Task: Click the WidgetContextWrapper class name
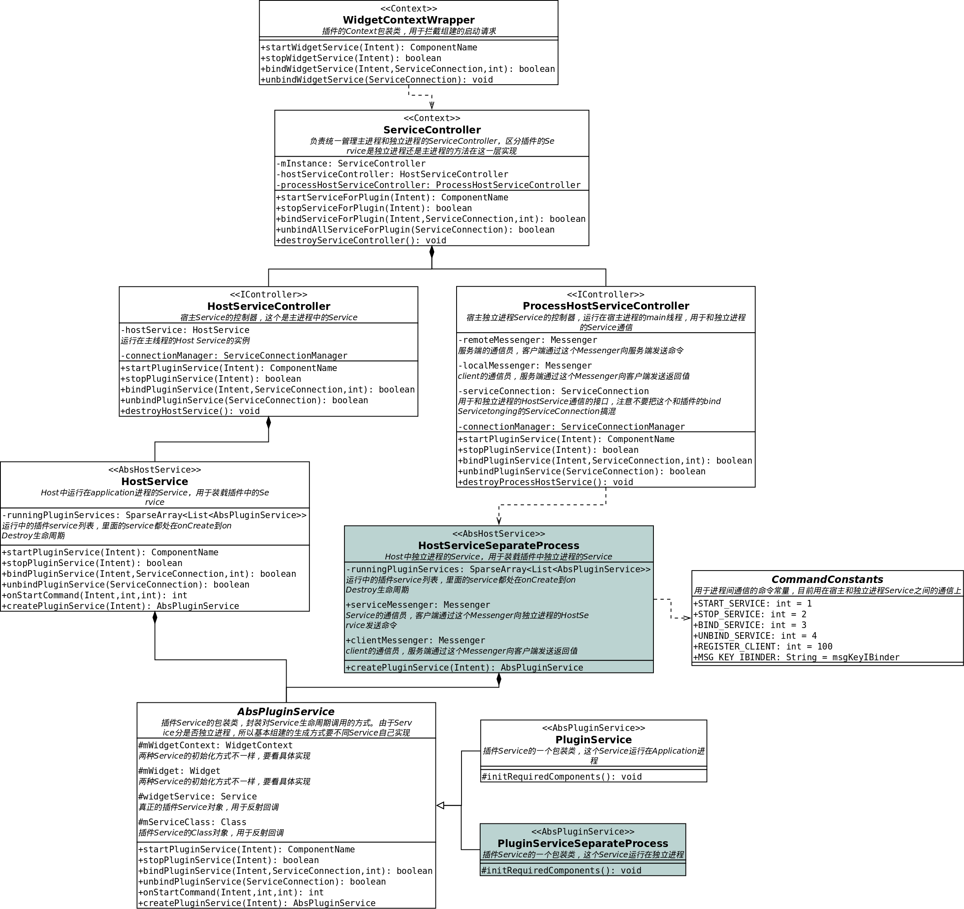408,20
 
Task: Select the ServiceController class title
432,130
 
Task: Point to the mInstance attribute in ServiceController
351,164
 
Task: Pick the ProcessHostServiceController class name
605,306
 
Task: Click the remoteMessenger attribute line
527,340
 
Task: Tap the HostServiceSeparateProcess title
498,545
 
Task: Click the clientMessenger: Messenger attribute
415,640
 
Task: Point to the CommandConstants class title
827,580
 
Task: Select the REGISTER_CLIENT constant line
762,646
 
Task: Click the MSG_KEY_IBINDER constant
796,657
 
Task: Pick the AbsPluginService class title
286,712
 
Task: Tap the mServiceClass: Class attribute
192,822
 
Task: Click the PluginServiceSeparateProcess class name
582,844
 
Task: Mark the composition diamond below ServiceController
432,252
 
